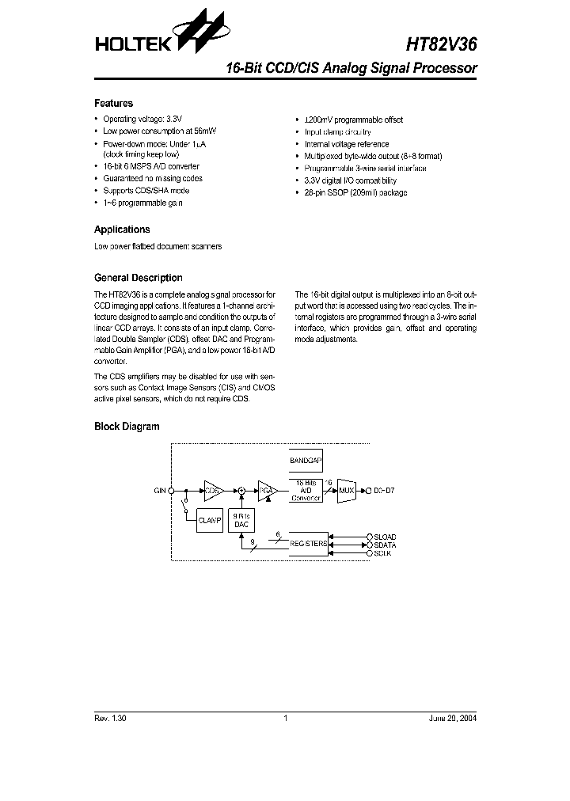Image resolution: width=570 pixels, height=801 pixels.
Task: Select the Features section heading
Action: tap(113, 104)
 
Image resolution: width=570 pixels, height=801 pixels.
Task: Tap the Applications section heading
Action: tap(122, 230)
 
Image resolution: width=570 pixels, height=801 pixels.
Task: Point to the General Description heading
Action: tap(138, 278)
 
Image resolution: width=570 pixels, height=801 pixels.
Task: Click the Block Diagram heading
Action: tap(127, 427)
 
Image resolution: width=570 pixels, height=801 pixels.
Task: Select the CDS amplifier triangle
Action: tap(213, 491)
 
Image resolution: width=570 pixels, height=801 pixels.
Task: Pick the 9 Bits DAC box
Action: tap(241, 520)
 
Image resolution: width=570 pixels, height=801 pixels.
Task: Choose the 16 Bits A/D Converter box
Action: tap(305, 491)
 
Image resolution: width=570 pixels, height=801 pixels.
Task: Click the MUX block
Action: tap(346, 491)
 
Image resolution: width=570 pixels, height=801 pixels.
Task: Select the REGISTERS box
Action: tap(305, 544)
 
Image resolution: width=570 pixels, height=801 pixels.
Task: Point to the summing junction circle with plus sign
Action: tap(241, 491)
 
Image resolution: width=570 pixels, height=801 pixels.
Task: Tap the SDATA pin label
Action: tap(386, 545)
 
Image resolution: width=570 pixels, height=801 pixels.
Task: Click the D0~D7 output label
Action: tap(384, 491)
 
